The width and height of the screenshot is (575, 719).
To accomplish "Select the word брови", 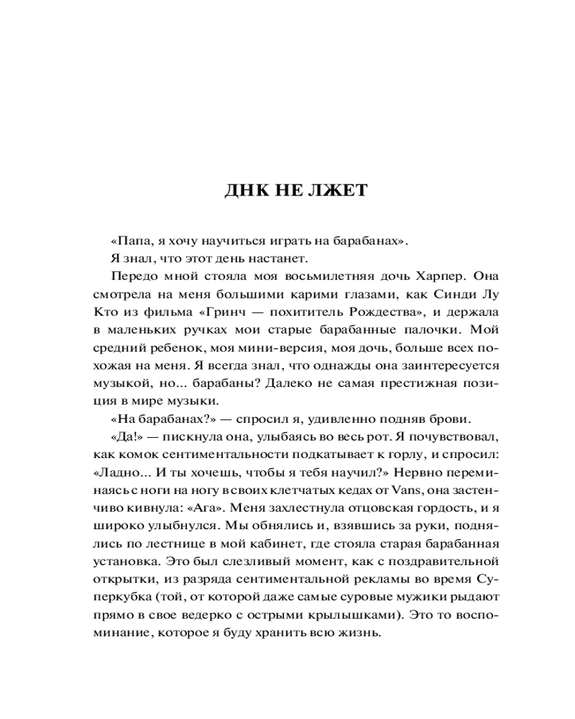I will pyautogui.click(x=451, y=419).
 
